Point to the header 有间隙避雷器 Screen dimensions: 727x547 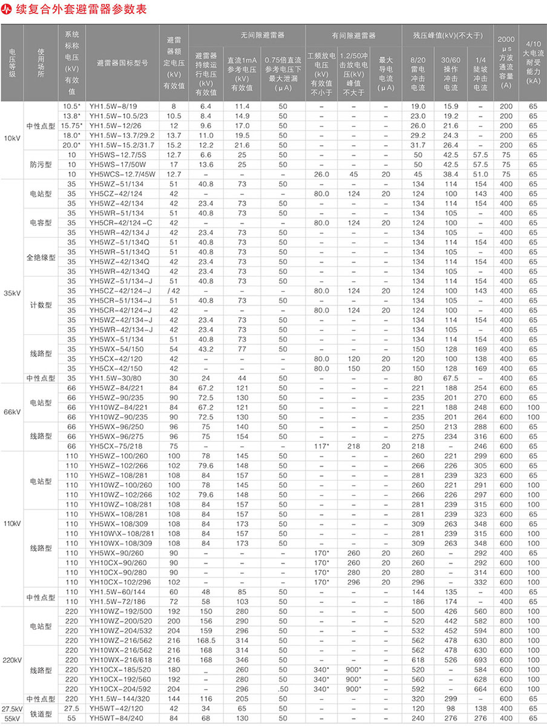coord(354,36)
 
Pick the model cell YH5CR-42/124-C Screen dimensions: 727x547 coord(119,223)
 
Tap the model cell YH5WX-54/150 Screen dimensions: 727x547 coord(116,349)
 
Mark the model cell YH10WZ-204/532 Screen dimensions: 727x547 coord(120,630)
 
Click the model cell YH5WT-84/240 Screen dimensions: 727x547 coord(116,718)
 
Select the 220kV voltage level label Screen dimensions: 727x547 coord(12,659)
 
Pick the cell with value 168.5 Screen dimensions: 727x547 coord(206,640)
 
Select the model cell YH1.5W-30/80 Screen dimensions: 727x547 coord(113,378)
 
